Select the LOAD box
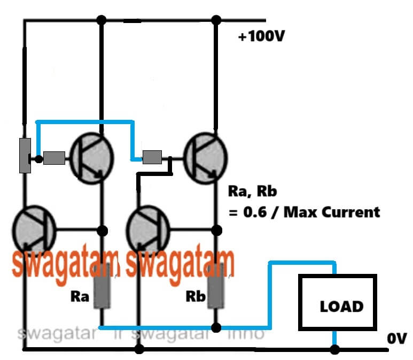(337, 305)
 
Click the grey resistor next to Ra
(102, 292)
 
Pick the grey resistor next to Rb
(216, 292)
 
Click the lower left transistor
(33, 231)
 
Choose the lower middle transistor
(147, 231)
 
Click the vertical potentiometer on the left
(25, 155)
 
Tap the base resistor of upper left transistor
(54, 158)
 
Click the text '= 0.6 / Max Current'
(304, 212)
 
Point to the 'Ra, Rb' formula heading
(247, 191)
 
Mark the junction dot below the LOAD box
(334, 349)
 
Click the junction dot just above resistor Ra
(102, 231)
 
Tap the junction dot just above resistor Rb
(216, 231)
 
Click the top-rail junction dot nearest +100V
(216, 20)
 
